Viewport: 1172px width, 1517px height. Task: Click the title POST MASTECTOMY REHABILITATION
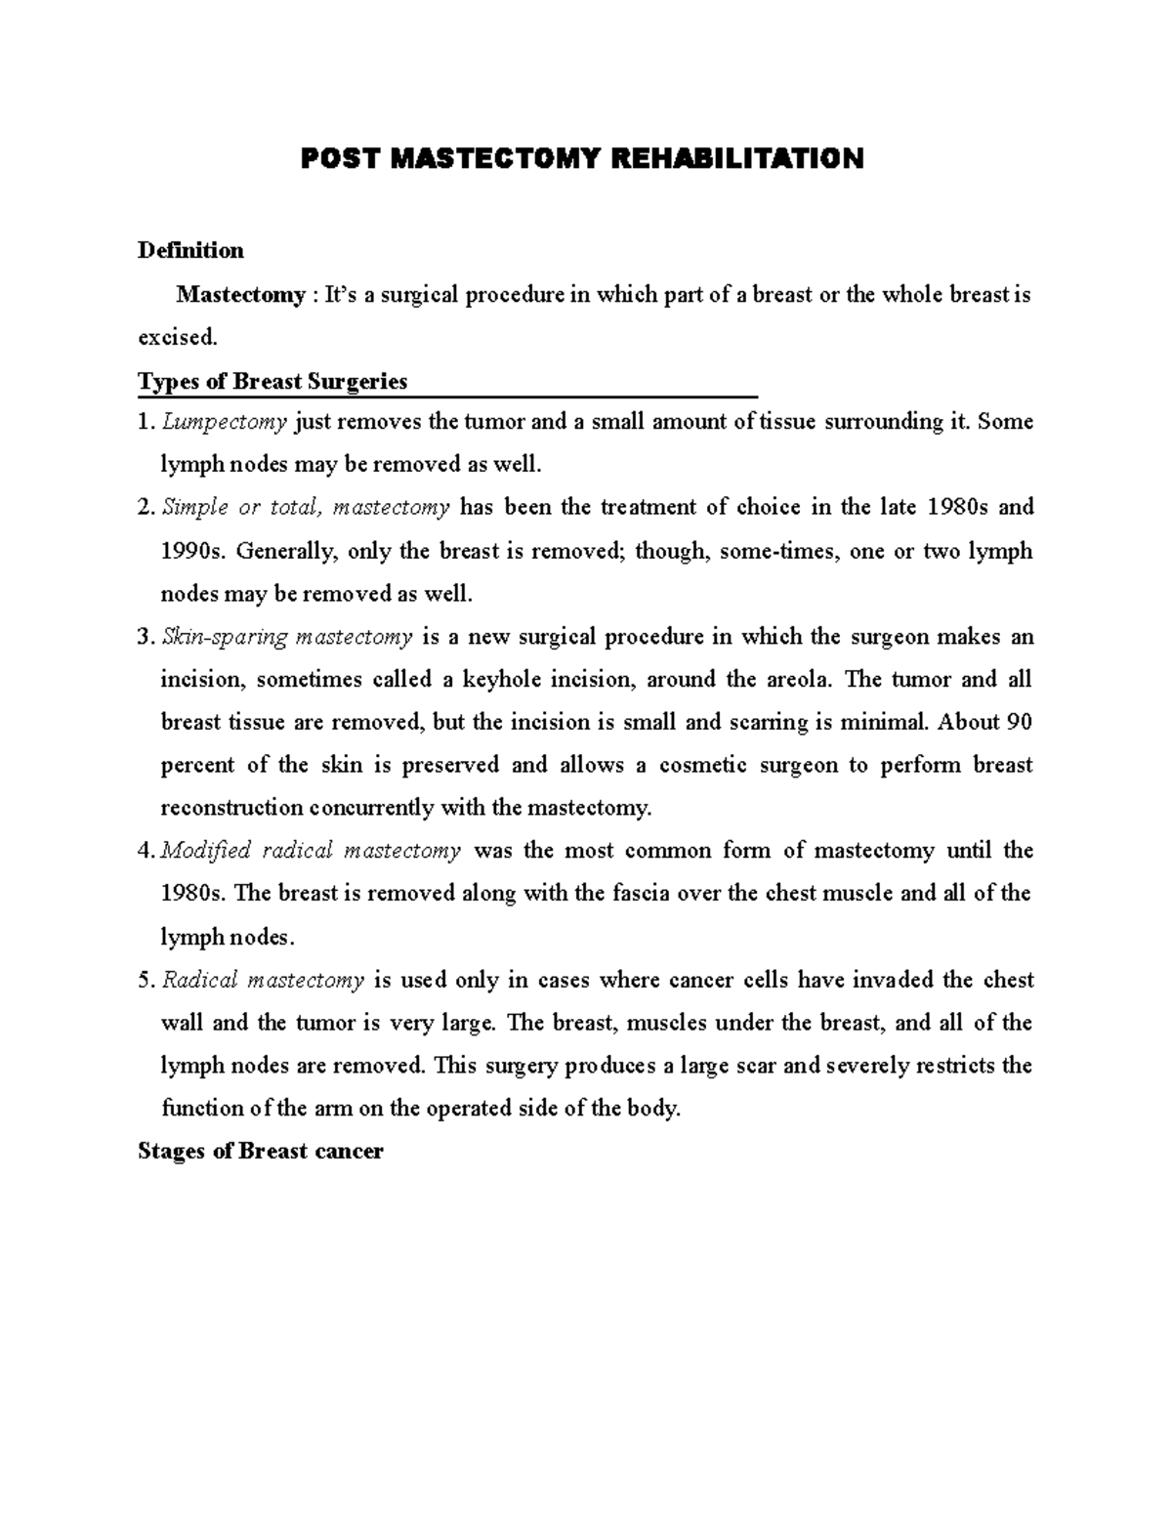[582, 158]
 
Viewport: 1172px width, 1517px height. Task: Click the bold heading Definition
[190, 251]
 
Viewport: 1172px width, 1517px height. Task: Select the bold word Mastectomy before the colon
[240, 295]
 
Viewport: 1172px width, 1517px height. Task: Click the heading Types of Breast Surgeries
[272, 381]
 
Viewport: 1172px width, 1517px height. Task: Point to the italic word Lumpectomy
[225, 423]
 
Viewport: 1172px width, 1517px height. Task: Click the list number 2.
[146, 508]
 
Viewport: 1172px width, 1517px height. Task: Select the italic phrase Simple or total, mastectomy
[306, 508]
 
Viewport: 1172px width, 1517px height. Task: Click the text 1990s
[191, 551]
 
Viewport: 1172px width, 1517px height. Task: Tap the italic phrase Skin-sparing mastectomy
[287, 637]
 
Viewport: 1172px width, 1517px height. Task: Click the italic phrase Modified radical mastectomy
[311, 851]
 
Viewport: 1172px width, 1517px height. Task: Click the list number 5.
[146, 981]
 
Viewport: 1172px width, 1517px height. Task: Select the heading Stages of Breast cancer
[261, 1152]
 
